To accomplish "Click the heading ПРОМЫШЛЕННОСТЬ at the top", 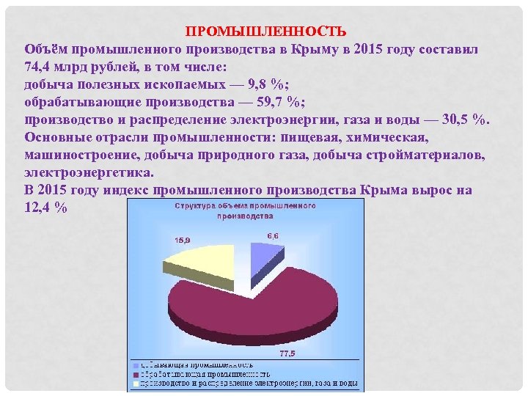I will click(x=265, y=32).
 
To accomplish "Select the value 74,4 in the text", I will click(x=40, y=66).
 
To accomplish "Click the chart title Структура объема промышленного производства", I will click(x=245, y=211).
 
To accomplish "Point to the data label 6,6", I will click(x=273, y=235).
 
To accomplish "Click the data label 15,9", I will click(x=183, y=240).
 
